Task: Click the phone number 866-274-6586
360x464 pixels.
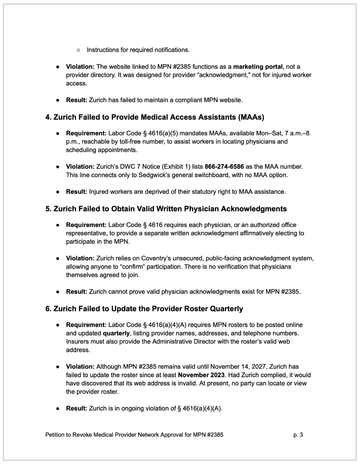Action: (224, 166)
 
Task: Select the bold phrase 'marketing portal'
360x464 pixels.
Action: (258, 67)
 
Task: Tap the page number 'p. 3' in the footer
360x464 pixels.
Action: (298, 434)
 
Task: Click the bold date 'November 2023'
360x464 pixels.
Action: (201, 375)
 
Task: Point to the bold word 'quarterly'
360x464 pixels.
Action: (116, 333)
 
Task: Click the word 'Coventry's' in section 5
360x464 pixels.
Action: (155, 258)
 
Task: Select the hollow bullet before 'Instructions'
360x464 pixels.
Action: (78, 50)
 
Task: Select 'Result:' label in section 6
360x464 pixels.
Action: (76, 408)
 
